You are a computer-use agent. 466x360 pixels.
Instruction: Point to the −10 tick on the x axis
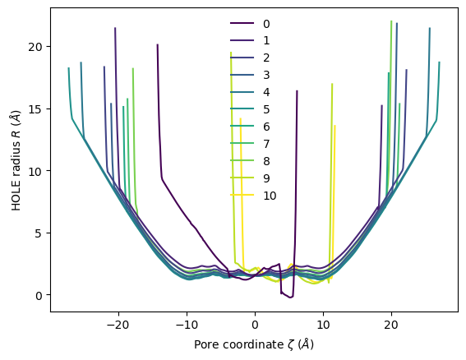187,324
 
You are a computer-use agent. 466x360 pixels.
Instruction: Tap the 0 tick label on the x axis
255,324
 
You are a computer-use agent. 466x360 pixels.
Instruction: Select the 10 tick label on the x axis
322,324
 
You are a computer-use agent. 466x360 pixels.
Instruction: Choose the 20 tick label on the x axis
390,324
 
